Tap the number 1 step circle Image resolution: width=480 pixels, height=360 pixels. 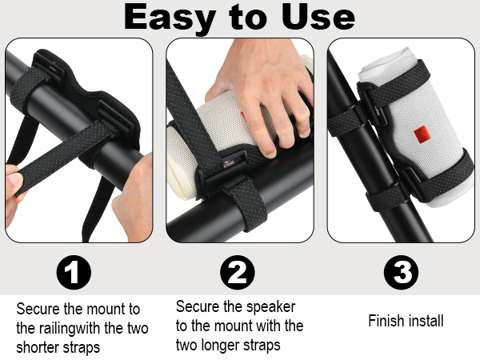tap(73, 274)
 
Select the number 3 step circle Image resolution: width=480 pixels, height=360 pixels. tap(402, 274)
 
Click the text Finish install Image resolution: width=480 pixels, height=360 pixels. tap(406, 321)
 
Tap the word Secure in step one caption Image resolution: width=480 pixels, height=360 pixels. tap(37, 309)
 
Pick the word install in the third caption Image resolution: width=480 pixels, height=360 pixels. tap(426, 321)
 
